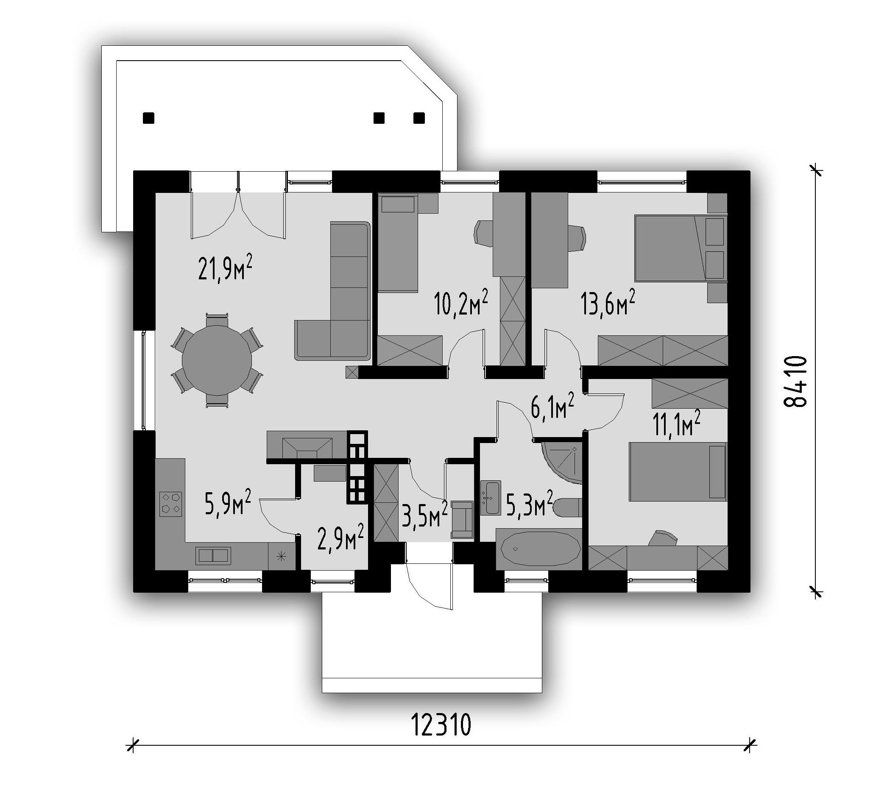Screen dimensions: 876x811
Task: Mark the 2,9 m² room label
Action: coord(340,537)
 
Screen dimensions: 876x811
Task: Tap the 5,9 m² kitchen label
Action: coord(228,503)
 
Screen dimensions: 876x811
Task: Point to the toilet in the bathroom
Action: coord(567,508)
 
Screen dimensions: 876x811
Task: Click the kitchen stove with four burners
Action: coord(171,504)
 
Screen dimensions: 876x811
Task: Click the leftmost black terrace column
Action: coord(149,118)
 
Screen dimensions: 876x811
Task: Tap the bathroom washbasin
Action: coord(490,498)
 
